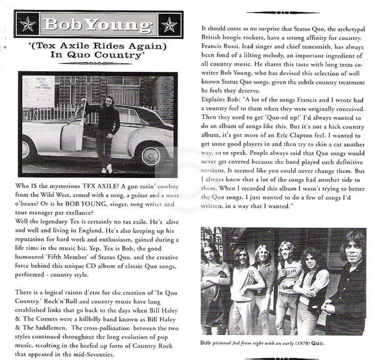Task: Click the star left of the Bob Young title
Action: pyautogui.click(x=28, y=24)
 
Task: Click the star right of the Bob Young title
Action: pyautogui.click(x=169, y=24)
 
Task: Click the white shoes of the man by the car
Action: pyautogui.click(x=107, y=169)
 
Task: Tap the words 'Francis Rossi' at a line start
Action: pyautogui.click(x=222, y=36)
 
